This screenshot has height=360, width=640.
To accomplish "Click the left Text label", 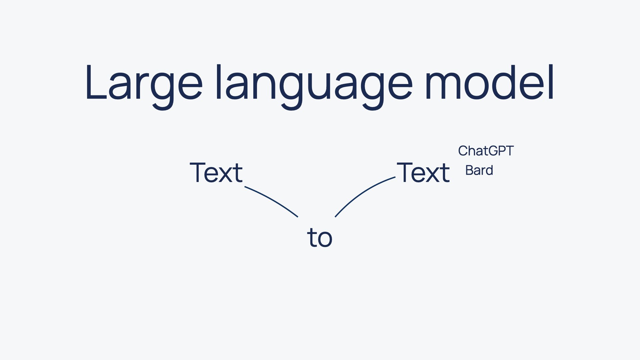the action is point(216,172).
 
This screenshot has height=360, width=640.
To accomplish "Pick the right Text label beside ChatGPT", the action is point(423,172).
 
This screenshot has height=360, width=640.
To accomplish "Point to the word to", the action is point(320,237).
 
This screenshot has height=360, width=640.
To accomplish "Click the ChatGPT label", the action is point(486,151).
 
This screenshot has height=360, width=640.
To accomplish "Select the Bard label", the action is point(479,170).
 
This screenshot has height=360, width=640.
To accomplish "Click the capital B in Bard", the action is point(469,170).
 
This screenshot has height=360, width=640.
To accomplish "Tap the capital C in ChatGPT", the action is point(463,151).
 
